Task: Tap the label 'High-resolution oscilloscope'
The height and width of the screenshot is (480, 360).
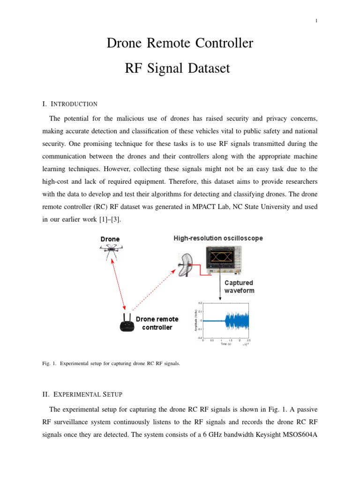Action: [218, 238]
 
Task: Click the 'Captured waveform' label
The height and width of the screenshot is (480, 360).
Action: [239, 286]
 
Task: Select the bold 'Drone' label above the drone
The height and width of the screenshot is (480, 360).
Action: [110, 239]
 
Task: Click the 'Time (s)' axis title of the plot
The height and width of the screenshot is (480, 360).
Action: [226, 344]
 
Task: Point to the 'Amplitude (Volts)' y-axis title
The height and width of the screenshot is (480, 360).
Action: [195, 321]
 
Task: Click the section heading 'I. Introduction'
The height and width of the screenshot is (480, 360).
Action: [70, 104]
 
